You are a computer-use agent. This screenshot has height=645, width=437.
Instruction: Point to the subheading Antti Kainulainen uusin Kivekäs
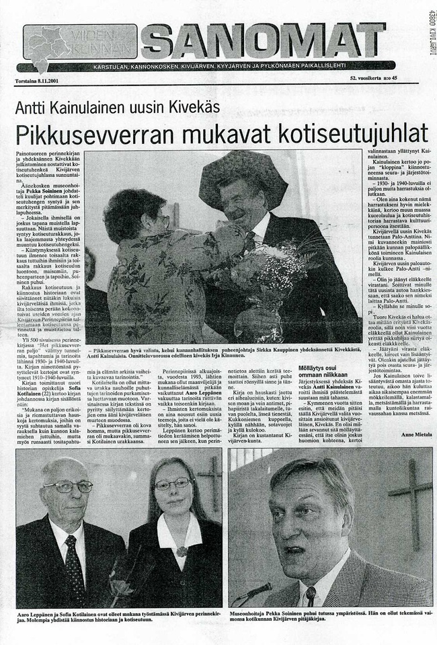(x=118, y=107)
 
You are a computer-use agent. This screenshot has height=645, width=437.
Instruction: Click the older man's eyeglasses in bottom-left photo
(x=69, y=486)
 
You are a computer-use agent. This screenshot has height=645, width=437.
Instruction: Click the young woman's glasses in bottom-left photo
(x=173, y=484)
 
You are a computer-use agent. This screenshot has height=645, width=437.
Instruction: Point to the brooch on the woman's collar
(x=181, y=552)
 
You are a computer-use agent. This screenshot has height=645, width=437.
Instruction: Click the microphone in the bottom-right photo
(x=252, y=592)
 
